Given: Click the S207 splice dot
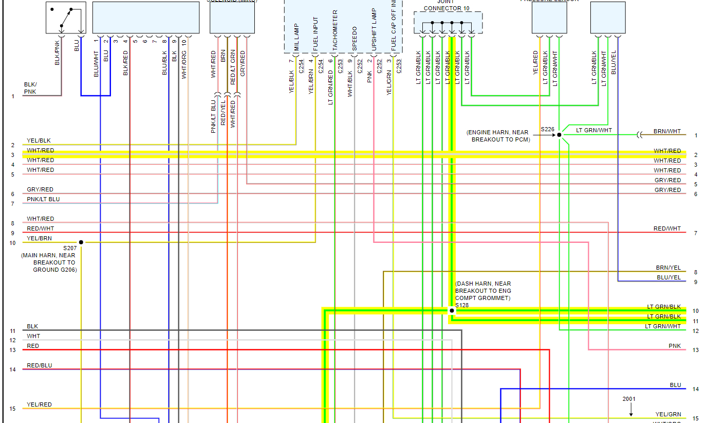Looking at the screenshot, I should coord(81,242).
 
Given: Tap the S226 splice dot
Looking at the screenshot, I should coord(559,135).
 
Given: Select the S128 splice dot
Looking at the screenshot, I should coord(452,311).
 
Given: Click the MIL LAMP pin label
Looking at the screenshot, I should coord(297,37).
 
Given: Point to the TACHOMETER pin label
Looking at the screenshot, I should coord(335,30).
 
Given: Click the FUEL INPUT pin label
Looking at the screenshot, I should coord(316,34).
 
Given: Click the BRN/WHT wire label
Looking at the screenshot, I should coord(667,132).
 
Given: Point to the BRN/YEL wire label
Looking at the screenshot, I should coord(668,268).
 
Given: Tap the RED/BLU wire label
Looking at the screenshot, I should coord(40,365).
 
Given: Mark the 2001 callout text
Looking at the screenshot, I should coord(629,399).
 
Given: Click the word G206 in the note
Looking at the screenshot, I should coord(67,270).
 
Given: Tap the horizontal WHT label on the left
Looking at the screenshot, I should coord(33,336).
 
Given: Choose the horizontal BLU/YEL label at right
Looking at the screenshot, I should coord(668,277).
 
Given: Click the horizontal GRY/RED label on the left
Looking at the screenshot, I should coord(40,189).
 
